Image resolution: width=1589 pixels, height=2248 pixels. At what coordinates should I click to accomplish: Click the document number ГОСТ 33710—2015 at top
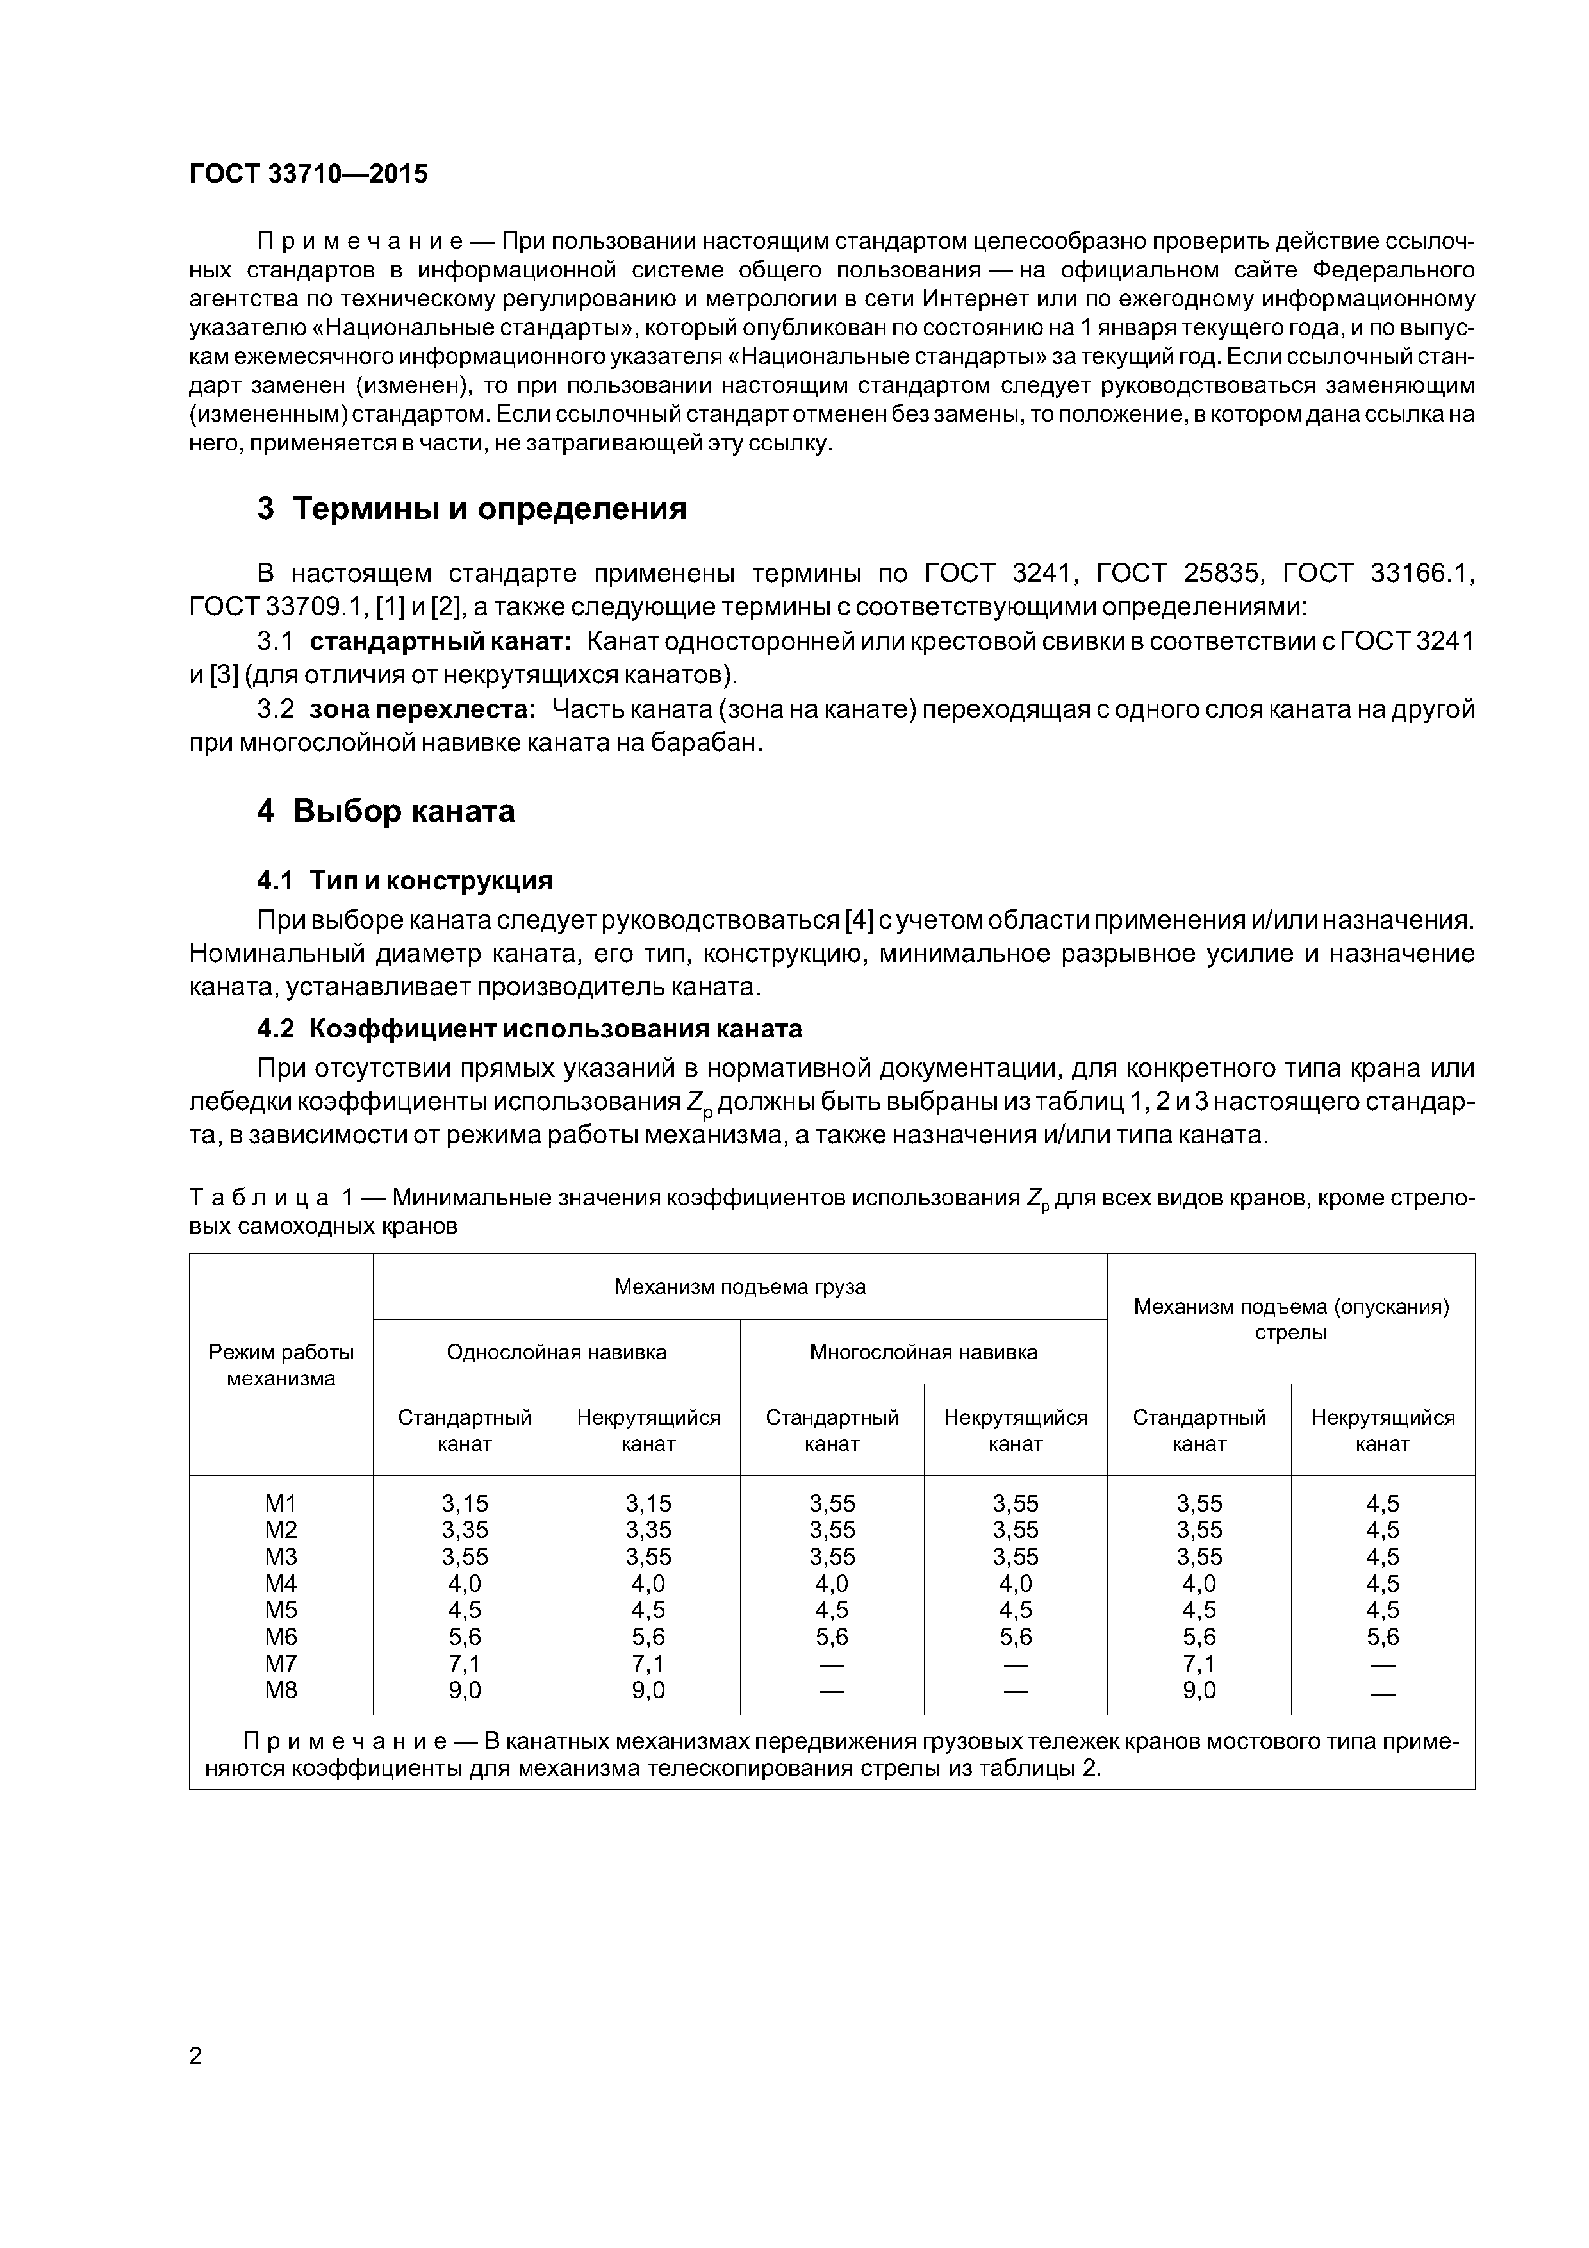point(308,174)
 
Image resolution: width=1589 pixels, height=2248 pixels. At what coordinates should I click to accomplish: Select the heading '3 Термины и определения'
point(472,509)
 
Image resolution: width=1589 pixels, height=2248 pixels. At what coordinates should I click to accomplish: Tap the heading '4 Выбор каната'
point(386,812)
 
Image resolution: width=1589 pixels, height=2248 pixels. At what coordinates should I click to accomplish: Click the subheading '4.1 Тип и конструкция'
point(404,881)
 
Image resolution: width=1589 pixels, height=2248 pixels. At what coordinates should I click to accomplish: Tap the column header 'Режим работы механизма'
point(281,1365)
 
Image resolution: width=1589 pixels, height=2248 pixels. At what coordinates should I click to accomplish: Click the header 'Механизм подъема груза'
point(739,1287)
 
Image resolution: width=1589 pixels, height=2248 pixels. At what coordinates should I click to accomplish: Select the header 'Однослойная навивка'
point(556,1352)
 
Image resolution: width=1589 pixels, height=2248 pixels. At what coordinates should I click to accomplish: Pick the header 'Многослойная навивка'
point(923,1352)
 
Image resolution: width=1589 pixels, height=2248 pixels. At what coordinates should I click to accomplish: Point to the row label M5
point(281,1610)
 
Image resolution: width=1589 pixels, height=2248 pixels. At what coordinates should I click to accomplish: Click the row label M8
point(281,1690)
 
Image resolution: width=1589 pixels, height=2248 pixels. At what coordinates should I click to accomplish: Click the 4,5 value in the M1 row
point(1383,1503)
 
